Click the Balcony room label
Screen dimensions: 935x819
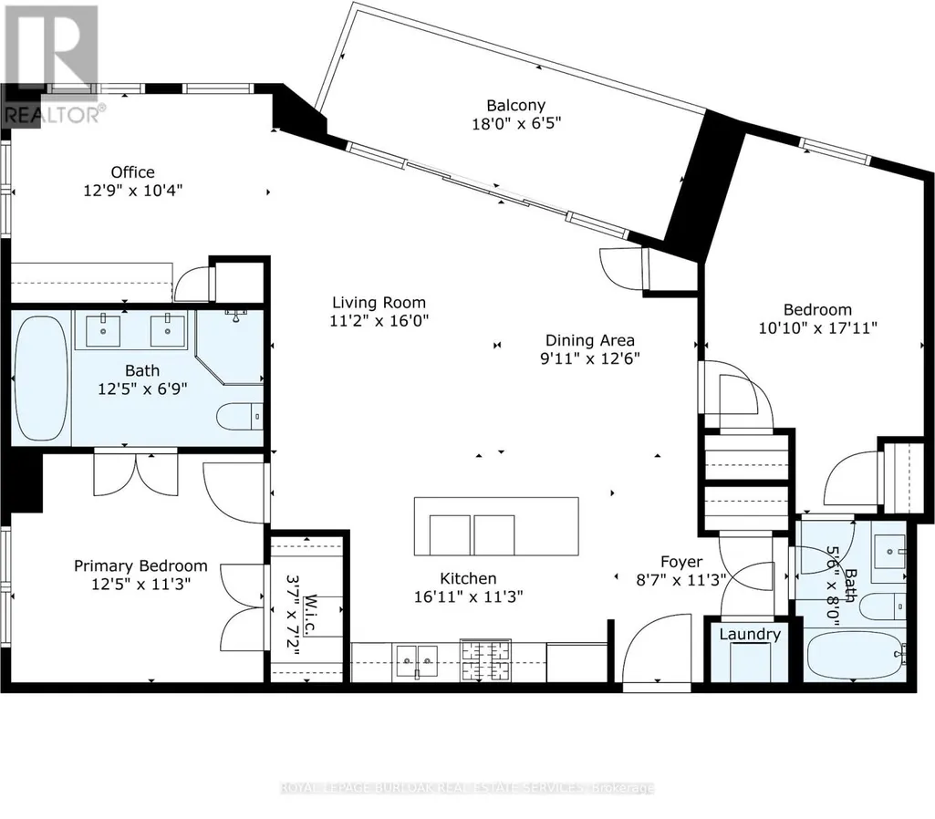(515, 106)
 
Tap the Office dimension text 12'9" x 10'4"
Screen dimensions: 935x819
(132, 191)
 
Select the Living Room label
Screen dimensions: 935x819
(379, 303)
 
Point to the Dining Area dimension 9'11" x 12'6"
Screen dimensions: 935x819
(590, 358)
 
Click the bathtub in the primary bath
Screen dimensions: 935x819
(40, 378)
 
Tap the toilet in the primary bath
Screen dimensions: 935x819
(238, 417)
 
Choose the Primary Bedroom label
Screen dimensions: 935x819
(140, 565)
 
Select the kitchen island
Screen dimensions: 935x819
(496, 526)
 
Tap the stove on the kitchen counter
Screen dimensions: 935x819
(485, 659)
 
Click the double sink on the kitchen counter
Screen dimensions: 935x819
(417, 661)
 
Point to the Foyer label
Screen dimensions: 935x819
(681, 562)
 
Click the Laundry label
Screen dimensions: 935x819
(750, 634)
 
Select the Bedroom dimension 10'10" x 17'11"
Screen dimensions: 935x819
(817, 327)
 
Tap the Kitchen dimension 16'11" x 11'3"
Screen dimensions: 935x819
(469, 596)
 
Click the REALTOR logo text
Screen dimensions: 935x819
(55, 114)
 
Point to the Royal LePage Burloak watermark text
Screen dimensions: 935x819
(467, 788)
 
